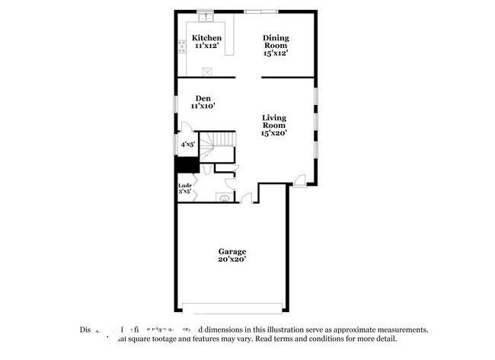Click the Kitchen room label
coord(206,38)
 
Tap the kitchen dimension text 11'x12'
coord(206,46)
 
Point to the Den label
coord(203,97)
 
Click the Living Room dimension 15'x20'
coord(274,133)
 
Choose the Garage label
coord(232,251)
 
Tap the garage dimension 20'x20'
coord(232,260)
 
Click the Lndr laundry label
coord(184,185)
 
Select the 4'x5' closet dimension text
coord(187,143)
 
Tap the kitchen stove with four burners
coord(182,51)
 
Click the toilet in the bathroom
coord(223,198)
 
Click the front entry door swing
coord(301,180)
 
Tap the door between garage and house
coord(246,199)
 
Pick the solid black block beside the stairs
coord(185,164)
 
